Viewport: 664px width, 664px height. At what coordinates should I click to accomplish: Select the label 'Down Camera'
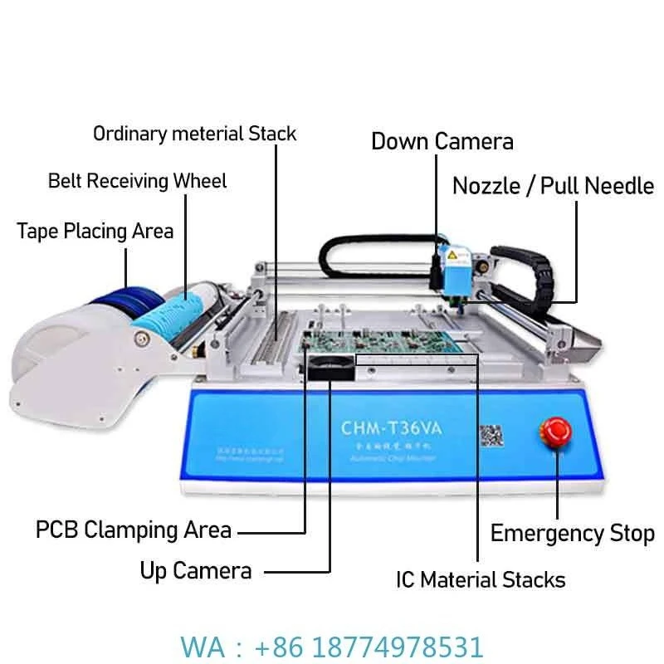442,141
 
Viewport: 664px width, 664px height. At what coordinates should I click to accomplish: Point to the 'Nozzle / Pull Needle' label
553,185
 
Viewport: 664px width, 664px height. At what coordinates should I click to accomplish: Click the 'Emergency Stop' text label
572,533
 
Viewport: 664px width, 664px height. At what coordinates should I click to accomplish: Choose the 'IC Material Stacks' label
481,579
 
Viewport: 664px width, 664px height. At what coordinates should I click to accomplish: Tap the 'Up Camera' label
195,570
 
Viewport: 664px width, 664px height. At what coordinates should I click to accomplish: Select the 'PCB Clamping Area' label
134,529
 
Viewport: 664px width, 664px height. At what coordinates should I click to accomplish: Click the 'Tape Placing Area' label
95,230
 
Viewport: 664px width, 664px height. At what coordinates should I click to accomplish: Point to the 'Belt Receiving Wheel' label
137,180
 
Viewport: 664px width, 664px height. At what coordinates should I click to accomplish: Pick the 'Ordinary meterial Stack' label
194,133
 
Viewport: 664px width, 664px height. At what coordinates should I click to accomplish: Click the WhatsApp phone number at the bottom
332,646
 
